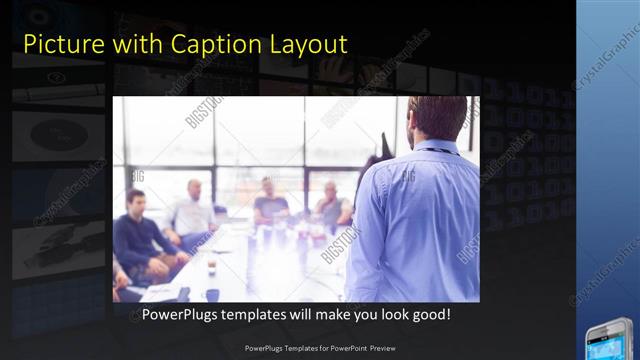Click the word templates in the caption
pos(262,314)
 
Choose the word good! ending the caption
pos(429,314)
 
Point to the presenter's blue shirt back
pos(420,220)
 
